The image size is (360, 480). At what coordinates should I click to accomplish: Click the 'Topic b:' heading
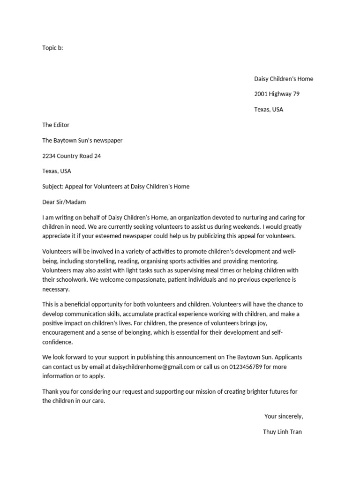(52, 48)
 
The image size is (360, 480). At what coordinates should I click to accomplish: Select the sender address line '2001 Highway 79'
(277, 94)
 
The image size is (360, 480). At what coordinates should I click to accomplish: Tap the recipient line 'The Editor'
(56, 125)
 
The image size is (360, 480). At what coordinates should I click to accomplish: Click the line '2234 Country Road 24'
(71, 156)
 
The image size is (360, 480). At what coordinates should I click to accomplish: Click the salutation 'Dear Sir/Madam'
(64, 202)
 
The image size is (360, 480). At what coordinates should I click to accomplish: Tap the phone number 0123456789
(246, 367)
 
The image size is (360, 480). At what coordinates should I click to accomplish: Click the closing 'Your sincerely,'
(283, 416)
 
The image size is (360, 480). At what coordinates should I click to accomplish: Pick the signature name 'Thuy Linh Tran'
(282, 432)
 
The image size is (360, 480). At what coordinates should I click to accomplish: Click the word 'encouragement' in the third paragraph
(63, 332)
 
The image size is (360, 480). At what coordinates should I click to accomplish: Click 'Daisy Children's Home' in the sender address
(284, 79)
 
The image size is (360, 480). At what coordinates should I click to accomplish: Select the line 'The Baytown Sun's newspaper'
(82, 141)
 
